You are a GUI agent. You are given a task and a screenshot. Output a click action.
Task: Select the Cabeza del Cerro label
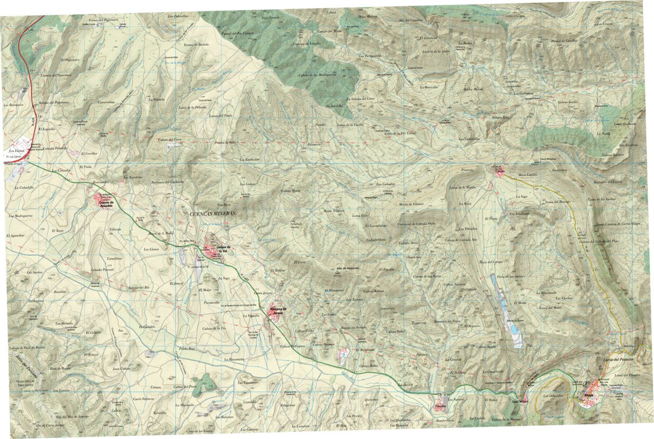point(169,140)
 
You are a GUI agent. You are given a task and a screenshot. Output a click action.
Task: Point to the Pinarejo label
point(469,171)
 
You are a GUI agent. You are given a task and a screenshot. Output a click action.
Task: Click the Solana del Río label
point(138,287)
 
